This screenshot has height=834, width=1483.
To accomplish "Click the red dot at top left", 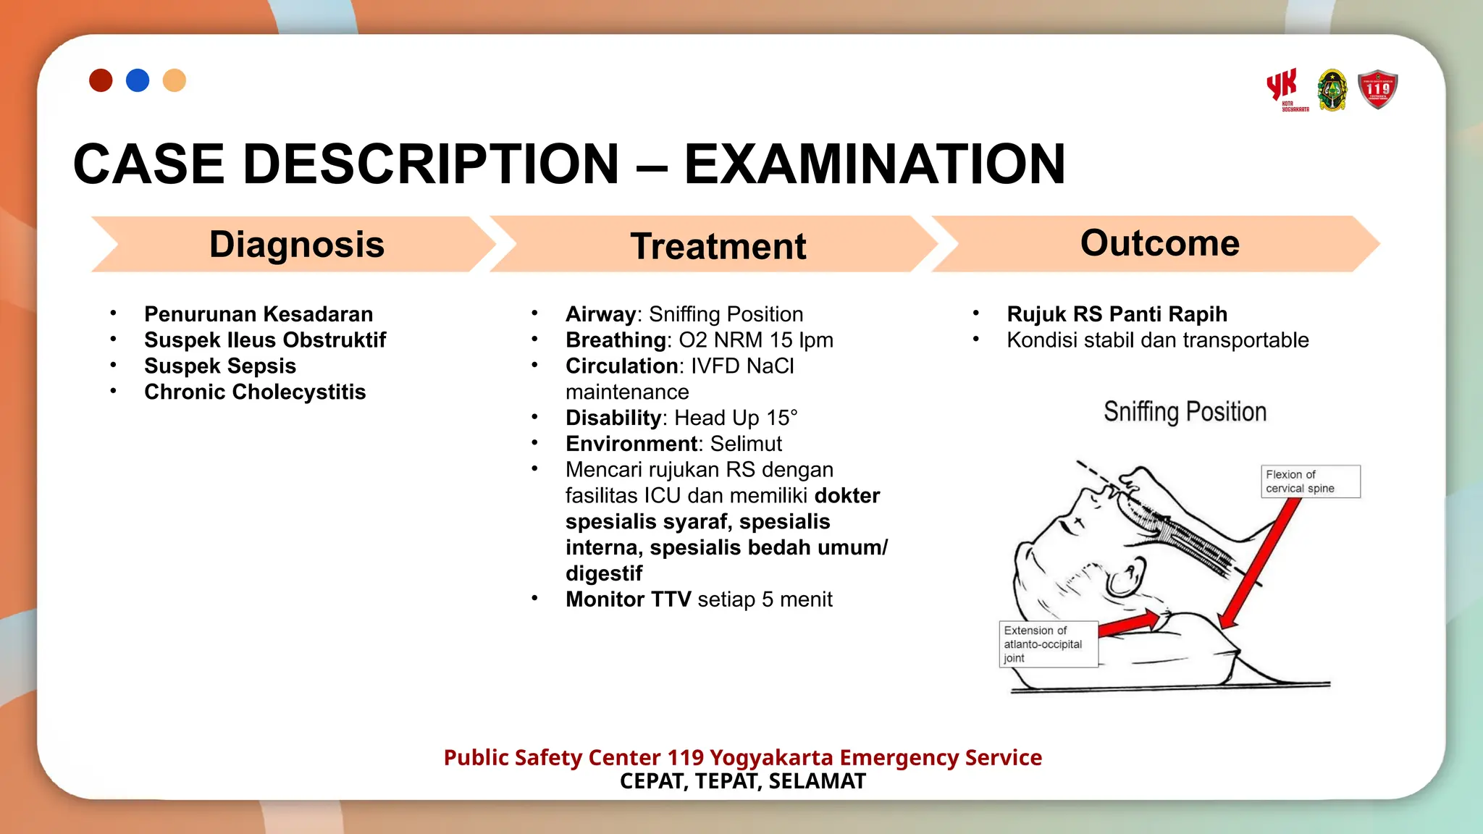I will (101, 80).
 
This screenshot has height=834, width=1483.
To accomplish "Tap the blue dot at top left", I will (138, 80).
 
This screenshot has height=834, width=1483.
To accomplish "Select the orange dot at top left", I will (175, 80).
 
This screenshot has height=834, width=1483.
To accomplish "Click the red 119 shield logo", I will (1377, 90).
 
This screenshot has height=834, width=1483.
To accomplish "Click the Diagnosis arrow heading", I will (296, 245).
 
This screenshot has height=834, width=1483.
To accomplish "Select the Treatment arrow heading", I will (718, 246).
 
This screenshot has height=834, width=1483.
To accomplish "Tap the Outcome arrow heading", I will (1159, 243).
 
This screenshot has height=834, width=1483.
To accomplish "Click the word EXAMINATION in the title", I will (874, 164).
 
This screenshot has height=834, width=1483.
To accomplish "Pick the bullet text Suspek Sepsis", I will (220, 366).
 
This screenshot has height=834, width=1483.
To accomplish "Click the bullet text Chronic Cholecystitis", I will (255, 392).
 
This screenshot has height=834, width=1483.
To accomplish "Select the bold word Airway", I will (600, 314).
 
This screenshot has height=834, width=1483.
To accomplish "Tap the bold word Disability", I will (613, 418).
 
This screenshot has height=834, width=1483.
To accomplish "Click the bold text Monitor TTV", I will (628, 599).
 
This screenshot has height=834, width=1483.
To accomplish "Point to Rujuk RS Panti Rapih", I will (1117, 314).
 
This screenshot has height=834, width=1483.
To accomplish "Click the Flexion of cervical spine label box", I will (1310, 481).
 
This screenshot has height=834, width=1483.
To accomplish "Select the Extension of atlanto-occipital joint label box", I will (1048, 644).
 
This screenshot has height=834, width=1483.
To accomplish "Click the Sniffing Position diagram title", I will (1185, 412).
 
